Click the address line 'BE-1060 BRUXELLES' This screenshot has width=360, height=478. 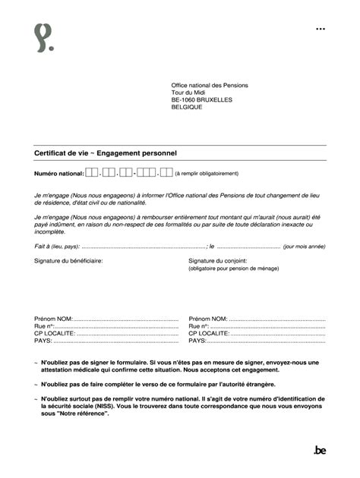201,100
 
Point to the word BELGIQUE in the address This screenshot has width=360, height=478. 187,108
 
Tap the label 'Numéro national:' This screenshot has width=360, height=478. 58,174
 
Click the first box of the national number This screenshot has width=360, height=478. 90,173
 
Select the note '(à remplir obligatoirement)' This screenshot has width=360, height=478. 206,174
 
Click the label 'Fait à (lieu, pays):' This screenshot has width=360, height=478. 56,247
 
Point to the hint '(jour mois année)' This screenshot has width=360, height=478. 304,247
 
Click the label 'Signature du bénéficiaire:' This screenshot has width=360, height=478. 68,260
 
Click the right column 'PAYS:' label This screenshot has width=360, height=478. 197,341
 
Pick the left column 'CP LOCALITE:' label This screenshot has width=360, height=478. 55,333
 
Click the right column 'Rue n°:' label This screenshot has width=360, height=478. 199,326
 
